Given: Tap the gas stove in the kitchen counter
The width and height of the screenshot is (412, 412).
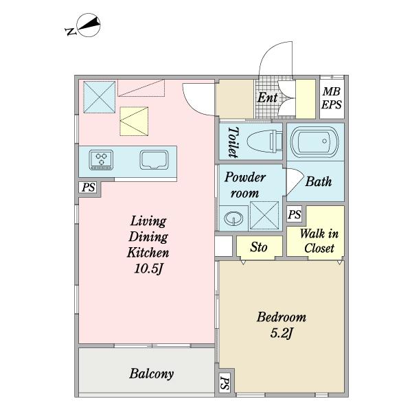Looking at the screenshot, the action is click(x=101, y=160).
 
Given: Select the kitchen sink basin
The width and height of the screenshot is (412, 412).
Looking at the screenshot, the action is click(x=154, y=160).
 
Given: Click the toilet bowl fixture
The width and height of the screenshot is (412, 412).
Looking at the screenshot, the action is click(x=264, y=141).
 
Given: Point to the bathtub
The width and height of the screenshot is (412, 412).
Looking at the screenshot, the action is click(x=314, y=142).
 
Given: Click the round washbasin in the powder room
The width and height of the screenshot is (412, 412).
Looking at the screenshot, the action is click(x=233, y=218).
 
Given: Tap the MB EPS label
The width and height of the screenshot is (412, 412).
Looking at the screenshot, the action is click(x=332, y=98).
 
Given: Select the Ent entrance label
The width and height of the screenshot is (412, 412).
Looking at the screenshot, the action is click(x=267, y=98).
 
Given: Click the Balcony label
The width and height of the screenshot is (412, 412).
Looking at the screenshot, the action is click(x=152, y=374).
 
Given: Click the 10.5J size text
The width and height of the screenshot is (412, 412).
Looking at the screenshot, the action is click(x=149, y=268).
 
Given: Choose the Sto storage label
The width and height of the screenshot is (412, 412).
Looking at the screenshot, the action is click(x=259, y=247).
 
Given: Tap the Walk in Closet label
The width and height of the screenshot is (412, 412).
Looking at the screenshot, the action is click(x=319, y=241).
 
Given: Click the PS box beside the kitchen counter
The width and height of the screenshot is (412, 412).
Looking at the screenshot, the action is click(x=89, y=187).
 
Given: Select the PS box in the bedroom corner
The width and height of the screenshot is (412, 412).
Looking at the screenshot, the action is click(x=225, y=383).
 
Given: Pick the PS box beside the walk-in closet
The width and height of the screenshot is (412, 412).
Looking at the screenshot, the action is click(x=295, y=214).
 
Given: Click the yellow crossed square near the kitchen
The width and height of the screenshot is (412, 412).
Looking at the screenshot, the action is click(x=134, y=121).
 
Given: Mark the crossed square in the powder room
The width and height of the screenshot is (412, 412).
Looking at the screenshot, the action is click(x=264, y=216).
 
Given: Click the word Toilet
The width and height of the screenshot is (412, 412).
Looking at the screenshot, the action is click(x=233, y=142).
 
